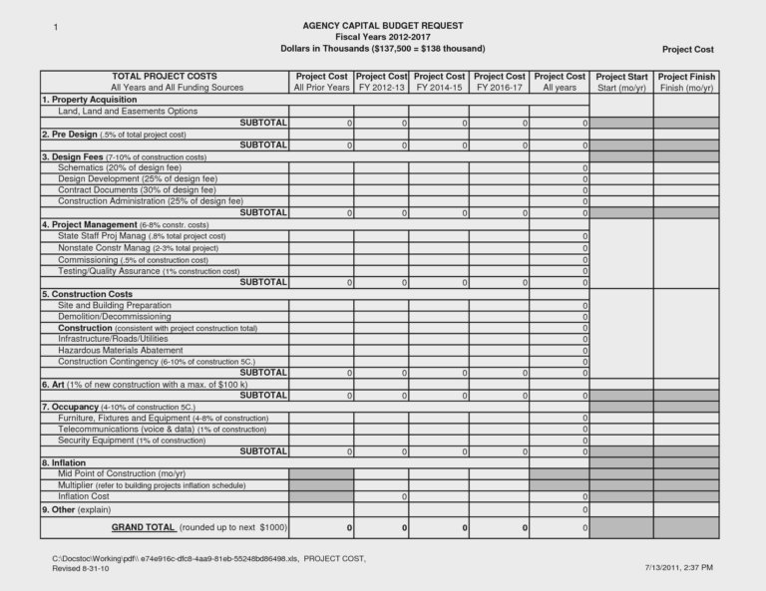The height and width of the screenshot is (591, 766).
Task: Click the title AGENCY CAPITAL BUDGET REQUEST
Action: coord(383,25)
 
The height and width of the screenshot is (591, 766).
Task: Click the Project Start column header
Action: coord(621,82)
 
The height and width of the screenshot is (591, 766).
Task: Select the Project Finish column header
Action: coord(686,82)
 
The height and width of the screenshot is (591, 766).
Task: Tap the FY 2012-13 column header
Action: coord(381,82)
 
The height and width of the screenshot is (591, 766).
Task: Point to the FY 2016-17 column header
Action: coord(500,82)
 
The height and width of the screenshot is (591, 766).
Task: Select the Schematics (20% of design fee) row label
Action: coord(119,167)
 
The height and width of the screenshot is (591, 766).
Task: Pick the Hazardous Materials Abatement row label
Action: coord(121,350)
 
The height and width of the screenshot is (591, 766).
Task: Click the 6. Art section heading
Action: coord(144,384)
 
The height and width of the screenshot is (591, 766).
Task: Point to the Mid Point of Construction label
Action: coord(122,474)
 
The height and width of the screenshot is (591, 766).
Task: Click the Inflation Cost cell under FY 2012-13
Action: coord(381,496)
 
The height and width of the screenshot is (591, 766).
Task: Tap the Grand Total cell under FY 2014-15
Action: coord(440,527)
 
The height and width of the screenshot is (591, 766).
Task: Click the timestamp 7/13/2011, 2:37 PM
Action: coord(678,567)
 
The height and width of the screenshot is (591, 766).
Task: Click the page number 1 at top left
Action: coord(56,25)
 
